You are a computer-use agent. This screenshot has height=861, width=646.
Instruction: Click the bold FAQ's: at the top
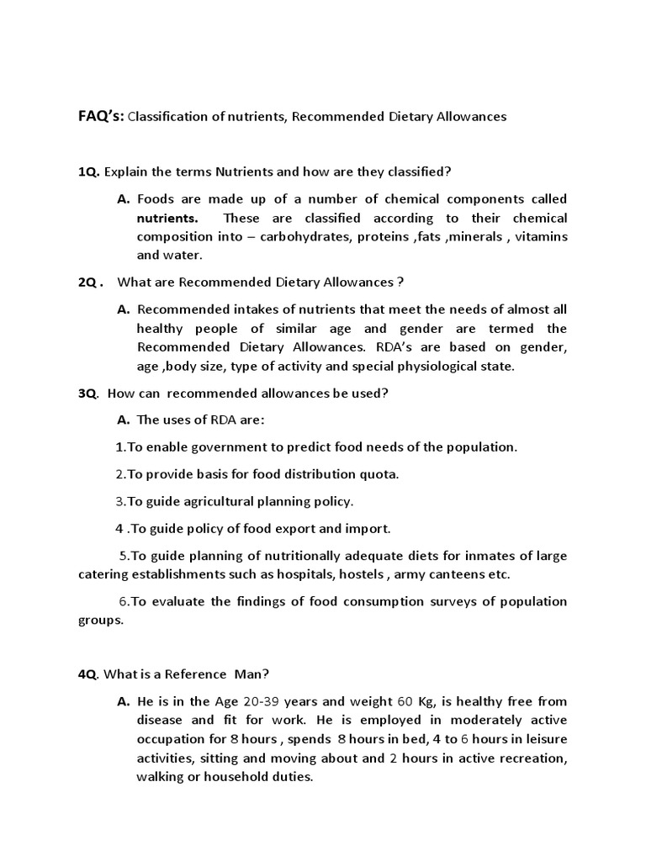[100, 116]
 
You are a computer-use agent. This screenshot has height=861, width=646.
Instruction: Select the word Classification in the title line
[166, 117]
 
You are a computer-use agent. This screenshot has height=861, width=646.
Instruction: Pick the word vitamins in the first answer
[541, 236]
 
